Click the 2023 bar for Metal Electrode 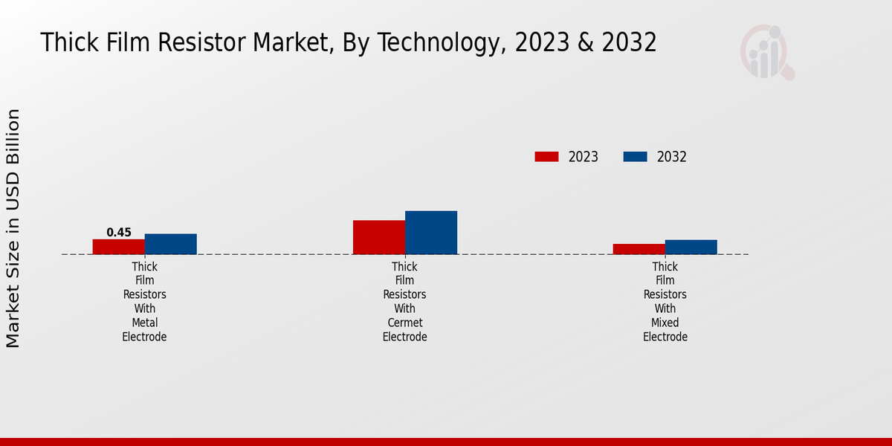point(119,247)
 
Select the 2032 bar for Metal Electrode point(171,244)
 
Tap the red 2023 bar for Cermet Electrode point(379,237)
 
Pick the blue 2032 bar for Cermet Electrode point(431,233)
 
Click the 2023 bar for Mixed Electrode point(639,249)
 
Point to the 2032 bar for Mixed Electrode point(691,247)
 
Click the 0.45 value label point(119,233)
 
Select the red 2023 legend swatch point(546,157)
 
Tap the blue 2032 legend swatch point(635,157)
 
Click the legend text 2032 point(672,157)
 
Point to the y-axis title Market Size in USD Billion point(13,228)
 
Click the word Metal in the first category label point(145,323)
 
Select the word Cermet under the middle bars point(405,323)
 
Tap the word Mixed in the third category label point(665,323)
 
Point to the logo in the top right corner point(766,52)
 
